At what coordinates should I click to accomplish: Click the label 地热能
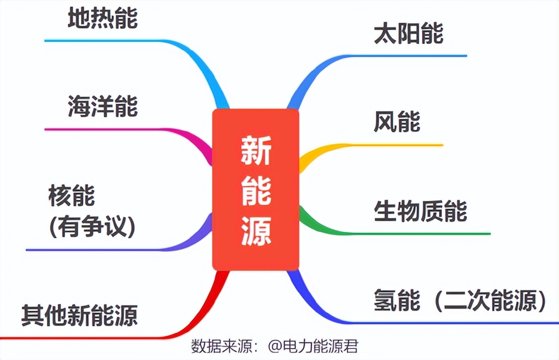[x=103, y=18]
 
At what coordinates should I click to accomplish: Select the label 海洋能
[x=103, y=106]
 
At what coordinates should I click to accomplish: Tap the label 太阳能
[x=409, y=33]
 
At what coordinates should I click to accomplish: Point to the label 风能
[x=397, y=122]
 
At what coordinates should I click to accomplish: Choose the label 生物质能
[x=420, y=211]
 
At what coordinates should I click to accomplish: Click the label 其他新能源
[x=80, y=315]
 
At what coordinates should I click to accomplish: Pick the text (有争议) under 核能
[x=92, y=227]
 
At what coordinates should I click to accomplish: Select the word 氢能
[x=397, y=300]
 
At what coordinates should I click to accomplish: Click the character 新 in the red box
[x=256, y=151]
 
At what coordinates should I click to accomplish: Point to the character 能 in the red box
[x=256, y=191]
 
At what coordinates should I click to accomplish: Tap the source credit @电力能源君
[x=313, y=346]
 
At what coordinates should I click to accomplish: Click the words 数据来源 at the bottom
[x=221, y=346]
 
